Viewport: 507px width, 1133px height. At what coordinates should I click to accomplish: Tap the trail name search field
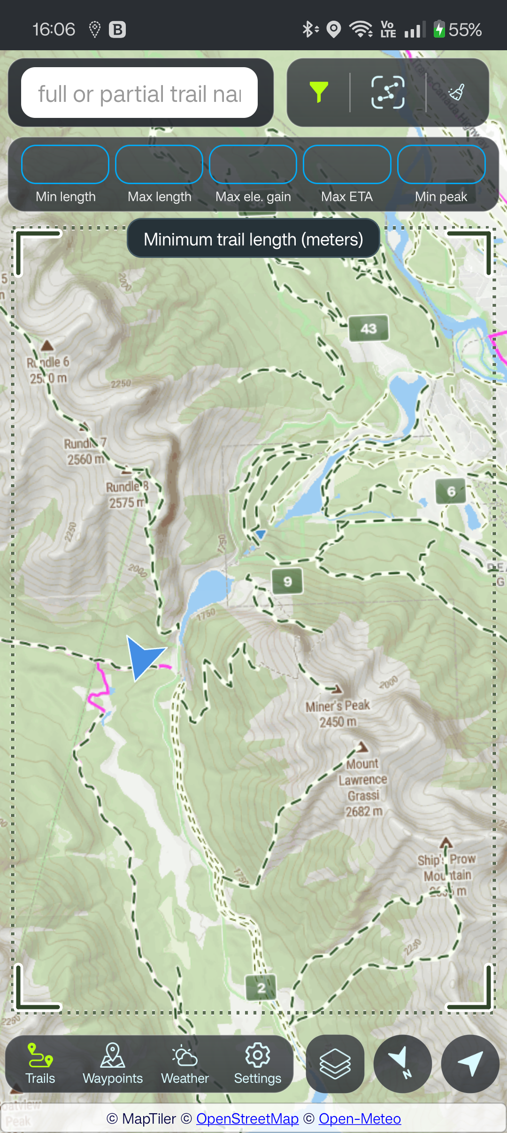[x=139, y=93]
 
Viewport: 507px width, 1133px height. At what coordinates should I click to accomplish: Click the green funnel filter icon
[x=319, y=92]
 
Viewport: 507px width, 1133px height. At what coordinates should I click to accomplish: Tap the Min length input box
[x=65, y=164]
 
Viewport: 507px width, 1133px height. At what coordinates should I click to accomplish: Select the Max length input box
[x=159, y=164]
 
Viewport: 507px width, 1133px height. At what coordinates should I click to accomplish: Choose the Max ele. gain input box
[x=253, y=164]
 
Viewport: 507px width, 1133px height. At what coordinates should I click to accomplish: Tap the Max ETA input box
[x=347, y=164]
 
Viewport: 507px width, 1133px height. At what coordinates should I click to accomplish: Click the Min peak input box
[x=441, y=164]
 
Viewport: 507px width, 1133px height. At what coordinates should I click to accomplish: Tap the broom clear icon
[x=456, y=92]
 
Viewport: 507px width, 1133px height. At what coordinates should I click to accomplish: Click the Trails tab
[x=40, y=1064]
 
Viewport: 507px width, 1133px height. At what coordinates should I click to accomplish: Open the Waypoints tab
[x=113, y=1064]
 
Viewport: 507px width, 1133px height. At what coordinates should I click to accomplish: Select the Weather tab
[x=185, y=1064]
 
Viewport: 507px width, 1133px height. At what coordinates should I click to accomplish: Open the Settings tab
[x=257, y=1064]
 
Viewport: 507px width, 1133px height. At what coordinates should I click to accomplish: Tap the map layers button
[x=335, y=1064]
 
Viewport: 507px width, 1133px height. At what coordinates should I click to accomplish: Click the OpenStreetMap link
[x=247, y=1118]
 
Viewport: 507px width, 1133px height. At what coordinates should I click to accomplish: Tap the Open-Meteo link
[x=360, y=1118]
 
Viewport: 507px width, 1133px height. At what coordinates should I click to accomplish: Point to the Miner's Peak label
[x=338, y=713]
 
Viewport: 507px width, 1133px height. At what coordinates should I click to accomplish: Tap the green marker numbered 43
[x=369, y=328]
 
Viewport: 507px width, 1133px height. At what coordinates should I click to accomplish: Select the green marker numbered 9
[x=287, y=582]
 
